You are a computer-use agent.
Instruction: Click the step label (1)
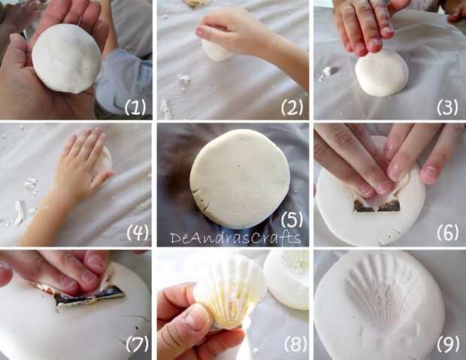(135, 107)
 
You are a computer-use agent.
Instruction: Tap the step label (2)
(292, 107)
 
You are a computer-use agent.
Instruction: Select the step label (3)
(447, 107)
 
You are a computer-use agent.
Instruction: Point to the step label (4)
(138, 232)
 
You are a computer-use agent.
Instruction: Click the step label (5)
(292, 219)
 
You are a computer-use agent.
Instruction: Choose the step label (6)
(447, 232)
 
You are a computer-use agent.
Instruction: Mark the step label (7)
(137, 343)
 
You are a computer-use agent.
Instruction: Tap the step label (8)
(295, 344)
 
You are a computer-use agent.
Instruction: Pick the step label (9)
(447, 344)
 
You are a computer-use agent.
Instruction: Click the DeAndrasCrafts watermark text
(235, 237)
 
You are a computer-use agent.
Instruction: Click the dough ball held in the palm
(67, 59)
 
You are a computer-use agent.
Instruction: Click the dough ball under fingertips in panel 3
(382, 73)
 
